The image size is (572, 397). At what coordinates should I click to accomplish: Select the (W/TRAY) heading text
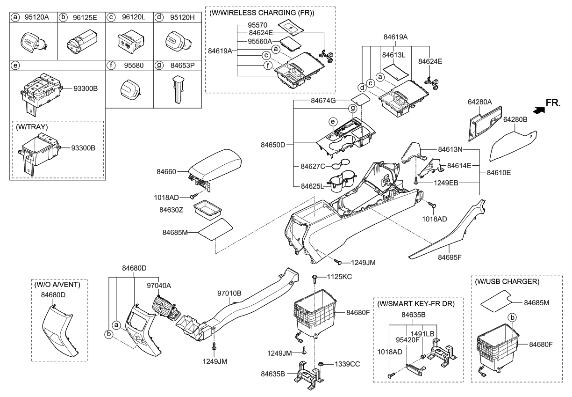[x=32, y=128]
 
